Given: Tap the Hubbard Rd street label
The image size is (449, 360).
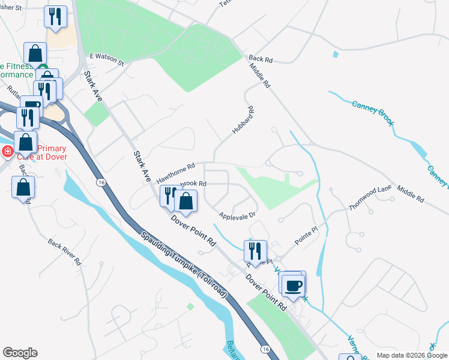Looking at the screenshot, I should tap(244, 121).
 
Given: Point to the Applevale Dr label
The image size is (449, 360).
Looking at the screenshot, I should tap(238, 214).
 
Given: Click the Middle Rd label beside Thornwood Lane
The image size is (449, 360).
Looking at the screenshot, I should tap(410, 193).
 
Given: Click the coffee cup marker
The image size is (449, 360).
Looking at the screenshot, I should tap(293, 284).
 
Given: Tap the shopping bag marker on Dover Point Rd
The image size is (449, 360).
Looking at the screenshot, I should tap(186, 202).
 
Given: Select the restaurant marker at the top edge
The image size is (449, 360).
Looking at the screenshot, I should tap(55, 16).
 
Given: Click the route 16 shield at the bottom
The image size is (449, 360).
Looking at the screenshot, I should tap(265, 348).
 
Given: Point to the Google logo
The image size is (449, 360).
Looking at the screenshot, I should tap(20, 353).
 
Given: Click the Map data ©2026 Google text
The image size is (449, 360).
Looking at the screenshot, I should tap(412, 355).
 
